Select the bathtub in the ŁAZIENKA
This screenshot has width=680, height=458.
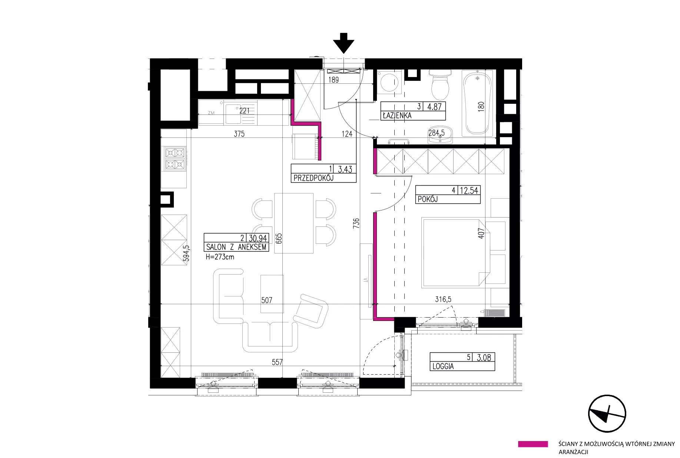pyautogui.click(x=478, y=103)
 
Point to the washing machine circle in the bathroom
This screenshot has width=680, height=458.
pyautogui.click(x=389, y=83)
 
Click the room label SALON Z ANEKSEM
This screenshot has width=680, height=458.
pyautogui.click(x=236, y=247)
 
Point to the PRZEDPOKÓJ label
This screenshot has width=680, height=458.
pyautogui.click(x=314, y=178)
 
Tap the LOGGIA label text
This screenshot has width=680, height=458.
pyautogui.click(x=443, y=366)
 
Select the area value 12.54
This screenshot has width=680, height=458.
pyautogui.click(x=469, y=191)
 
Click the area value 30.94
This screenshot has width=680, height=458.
pyautogui.click(x=258, y=238)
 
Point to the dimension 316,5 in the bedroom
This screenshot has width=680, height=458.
pyautogui.click(x=443, y=299)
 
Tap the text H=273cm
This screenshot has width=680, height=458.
pyautogui.click(x=220, y=257)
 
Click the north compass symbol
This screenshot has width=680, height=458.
pyautogui.click(x=607, y=414)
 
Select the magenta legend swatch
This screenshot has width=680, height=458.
pyautogui.click(x=533, y=444)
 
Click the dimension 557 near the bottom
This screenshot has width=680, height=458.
pyautogui.click(x=277, y=362)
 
